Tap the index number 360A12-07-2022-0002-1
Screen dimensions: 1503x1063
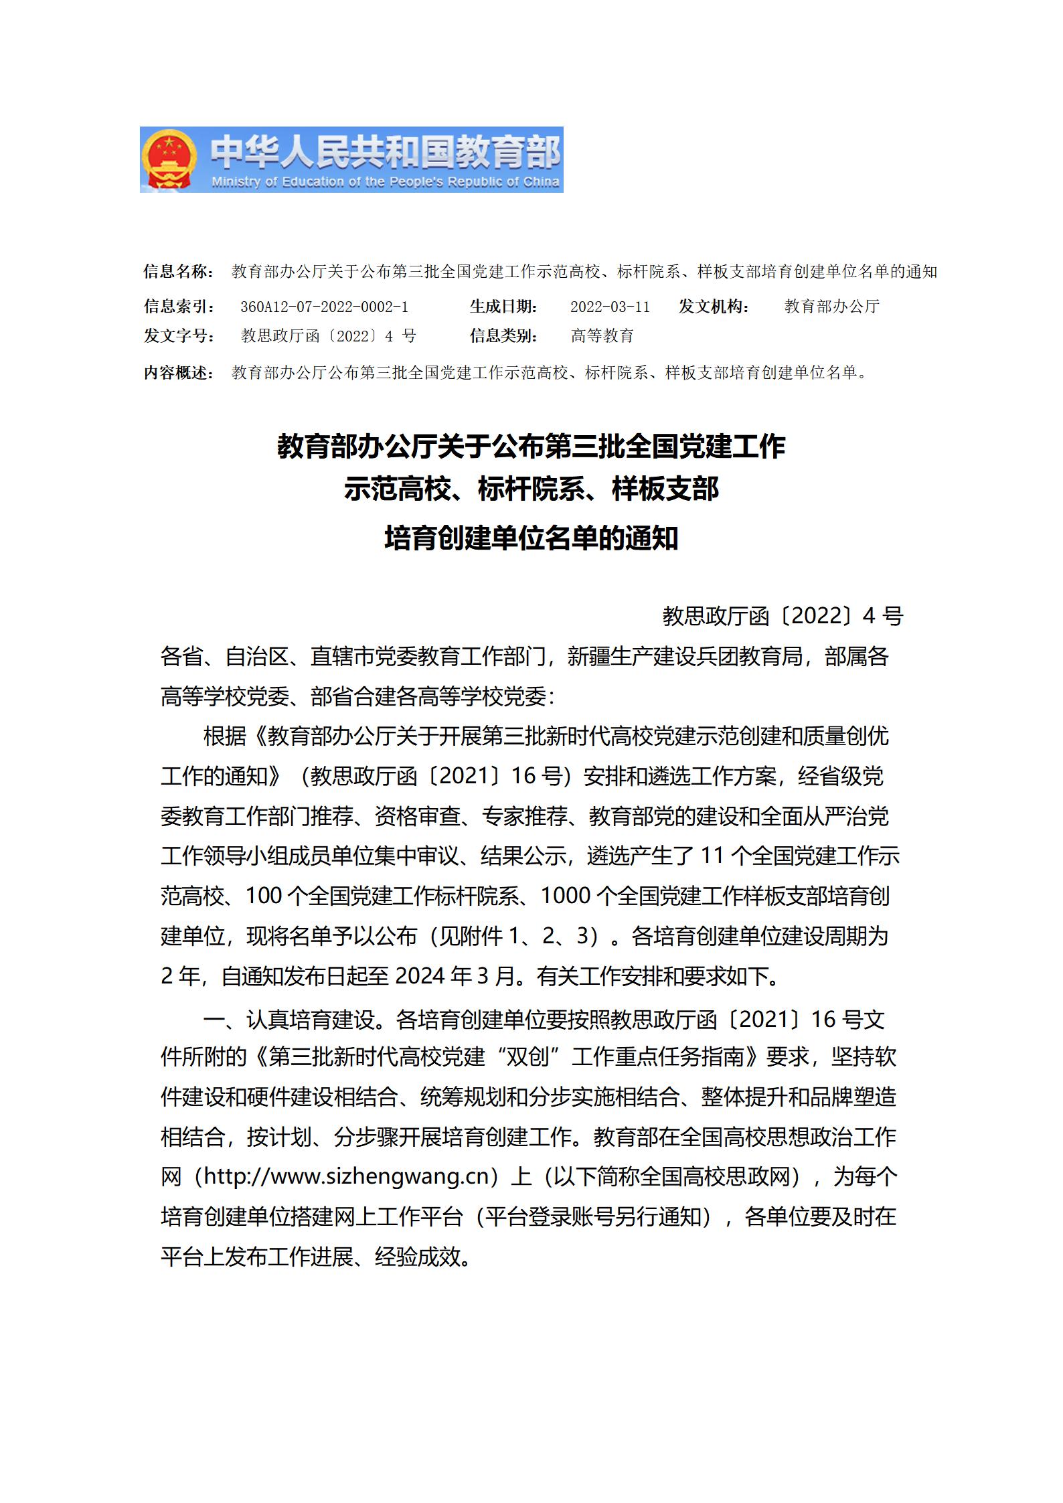(x=324, y=307)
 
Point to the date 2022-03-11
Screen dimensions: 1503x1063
(x=610, y=307)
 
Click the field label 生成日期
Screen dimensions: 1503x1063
(x=503, y=307)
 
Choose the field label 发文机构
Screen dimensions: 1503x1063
(x=714, y=307)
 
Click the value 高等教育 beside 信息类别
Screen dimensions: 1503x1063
(x=602, y=335)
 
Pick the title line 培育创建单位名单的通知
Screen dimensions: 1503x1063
(x=531, y=538)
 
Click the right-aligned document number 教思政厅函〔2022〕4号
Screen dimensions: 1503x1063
(x=783, y=616)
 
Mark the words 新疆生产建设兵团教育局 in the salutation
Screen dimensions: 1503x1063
(x=685, y=657)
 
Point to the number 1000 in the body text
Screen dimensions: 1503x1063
(x=565, y=896)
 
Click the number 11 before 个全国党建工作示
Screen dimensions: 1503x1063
(x=713, y=856)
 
